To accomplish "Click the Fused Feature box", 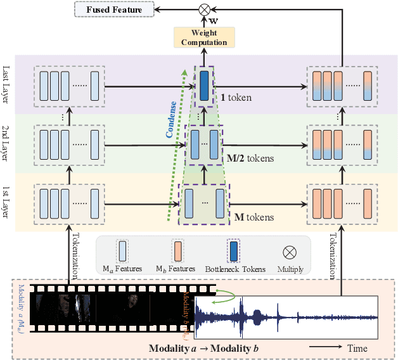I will coord(113,10).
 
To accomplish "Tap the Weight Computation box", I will coord(204,37).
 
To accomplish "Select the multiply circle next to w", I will coord(204,10).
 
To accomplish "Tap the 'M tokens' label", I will coord(254,217).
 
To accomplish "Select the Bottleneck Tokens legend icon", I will coord(233,250).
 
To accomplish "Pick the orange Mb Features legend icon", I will coord(178,250).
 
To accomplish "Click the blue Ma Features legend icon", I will coord(122,250).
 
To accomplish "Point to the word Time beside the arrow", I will coord(357,348).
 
